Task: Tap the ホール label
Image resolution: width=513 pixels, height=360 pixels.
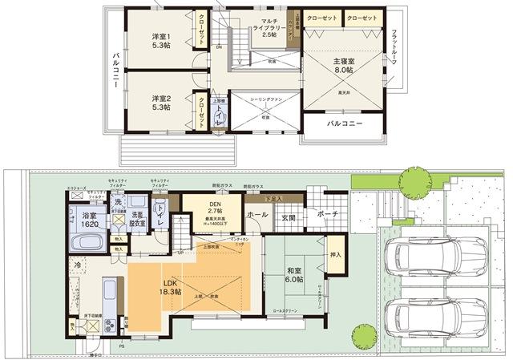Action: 258,215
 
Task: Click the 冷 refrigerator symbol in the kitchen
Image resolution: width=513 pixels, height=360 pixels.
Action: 78,265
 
